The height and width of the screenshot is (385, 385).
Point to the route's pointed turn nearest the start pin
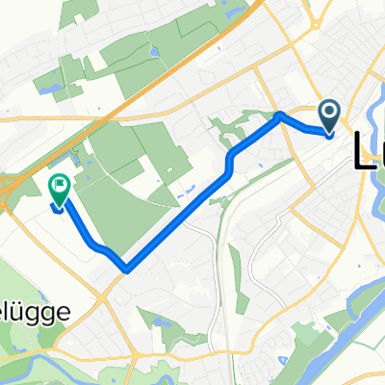[280, 115]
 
